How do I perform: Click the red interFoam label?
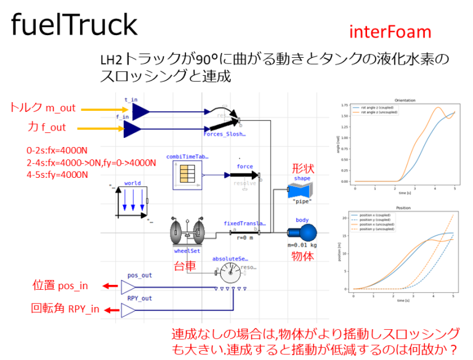pos(390,32)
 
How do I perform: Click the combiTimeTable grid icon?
pos(184,175)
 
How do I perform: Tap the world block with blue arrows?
pos(132,200)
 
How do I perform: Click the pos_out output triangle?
pos(130,287)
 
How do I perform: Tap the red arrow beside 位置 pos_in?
pos(111,286)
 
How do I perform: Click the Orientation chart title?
pos(405,100)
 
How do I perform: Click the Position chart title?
pos(405,207)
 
